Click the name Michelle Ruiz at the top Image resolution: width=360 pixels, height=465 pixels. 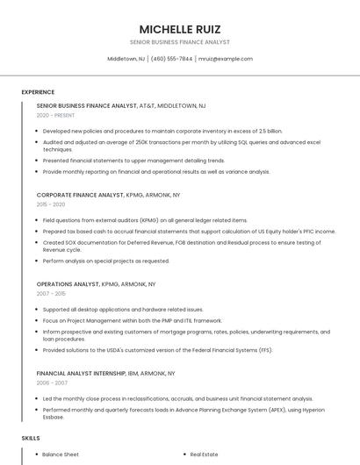[180, 29]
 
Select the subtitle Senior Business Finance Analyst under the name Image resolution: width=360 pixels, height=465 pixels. [180, 42]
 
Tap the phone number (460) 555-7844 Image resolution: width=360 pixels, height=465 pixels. [171, 59]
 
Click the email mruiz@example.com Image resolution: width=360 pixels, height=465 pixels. [226, 59]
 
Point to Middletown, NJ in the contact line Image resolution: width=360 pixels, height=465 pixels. [126, 59]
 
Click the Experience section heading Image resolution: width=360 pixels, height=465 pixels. [38, 92]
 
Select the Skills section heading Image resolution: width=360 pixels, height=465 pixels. [31, 437]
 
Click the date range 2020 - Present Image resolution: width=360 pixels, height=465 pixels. [56, 115]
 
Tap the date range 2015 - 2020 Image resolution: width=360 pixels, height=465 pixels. [51, 204]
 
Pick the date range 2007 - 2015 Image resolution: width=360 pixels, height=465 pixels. [51, 294]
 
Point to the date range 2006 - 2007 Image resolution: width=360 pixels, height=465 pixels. [51, 383]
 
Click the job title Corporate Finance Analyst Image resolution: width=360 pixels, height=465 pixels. [80, 195]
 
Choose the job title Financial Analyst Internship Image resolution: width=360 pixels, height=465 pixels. [86, 373]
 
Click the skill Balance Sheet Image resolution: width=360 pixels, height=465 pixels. [61, 454]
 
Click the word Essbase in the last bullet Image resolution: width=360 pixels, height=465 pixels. [54, 417]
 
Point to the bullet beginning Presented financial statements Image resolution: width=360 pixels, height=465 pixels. [133, 161]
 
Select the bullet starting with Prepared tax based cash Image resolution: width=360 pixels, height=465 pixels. [189, 231]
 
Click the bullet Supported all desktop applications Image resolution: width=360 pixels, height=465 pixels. [123, 309]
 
